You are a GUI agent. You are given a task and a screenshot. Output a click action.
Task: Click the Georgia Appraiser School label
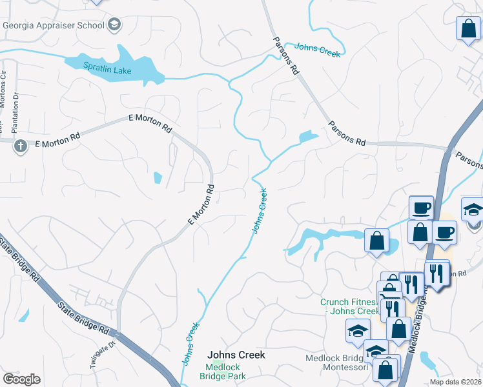(54, 25)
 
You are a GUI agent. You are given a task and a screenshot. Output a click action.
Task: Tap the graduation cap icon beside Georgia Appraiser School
(115, 25)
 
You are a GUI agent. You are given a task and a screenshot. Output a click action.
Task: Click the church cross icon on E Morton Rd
(20, 146)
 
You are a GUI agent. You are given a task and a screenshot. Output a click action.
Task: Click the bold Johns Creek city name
(236, 355)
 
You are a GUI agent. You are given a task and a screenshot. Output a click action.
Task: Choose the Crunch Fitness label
(349, 306)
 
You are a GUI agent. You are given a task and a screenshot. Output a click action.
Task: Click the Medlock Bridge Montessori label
(336, 364)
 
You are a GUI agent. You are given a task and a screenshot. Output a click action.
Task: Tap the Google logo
(21, 379)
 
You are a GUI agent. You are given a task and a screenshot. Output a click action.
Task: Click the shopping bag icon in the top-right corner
(468, 29)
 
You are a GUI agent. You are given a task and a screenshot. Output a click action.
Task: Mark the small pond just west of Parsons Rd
(309, 137)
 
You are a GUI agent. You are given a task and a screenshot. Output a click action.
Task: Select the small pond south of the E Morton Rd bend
(158, 177)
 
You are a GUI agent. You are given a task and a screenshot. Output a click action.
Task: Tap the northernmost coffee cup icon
(421, 207)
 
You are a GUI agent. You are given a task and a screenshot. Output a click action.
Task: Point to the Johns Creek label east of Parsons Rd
(317, 50)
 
